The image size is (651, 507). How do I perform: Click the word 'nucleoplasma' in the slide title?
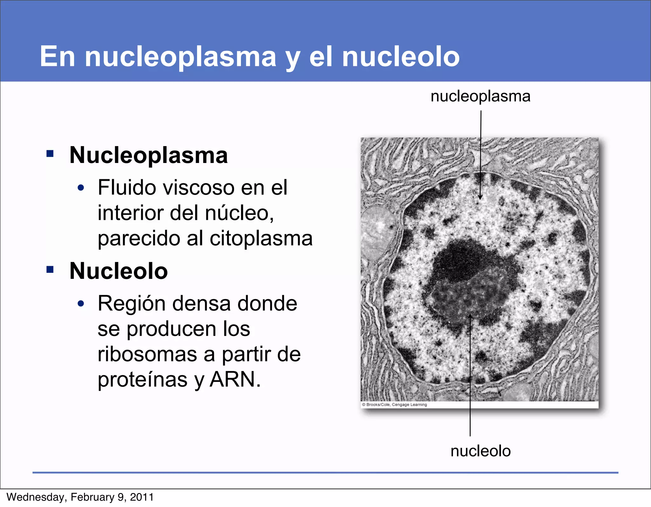pos(181,57)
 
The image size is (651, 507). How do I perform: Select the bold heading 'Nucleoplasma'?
pos(148,155)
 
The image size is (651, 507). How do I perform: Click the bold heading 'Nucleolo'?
pos(119,271)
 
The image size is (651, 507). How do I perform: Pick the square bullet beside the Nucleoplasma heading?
pos(50,154)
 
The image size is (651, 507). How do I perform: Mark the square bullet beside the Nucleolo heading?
pos(50,270)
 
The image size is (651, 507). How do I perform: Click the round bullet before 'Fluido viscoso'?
pos(81,188)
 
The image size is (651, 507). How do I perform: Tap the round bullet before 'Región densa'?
pos(81,304)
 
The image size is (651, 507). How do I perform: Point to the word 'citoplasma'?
pos(261,238)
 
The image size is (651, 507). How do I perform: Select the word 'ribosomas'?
pos(147,354)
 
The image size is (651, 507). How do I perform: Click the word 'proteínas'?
pos(142,380)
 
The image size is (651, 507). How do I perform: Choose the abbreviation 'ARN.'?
pos(235,379)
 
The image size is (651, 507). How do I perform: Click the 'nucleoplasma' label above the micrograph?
pos(480,96)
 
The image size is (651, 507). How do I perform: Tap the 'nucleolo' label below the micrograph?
pos(480,451)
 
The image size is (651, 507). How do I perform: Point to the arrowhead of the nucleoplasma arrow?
pos(480,197)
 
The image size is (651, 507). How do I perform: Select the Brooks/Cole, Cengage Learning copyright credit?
pos(394,405)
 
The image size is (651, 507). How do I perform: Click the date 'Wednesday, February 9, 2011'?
pos(80,497)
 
